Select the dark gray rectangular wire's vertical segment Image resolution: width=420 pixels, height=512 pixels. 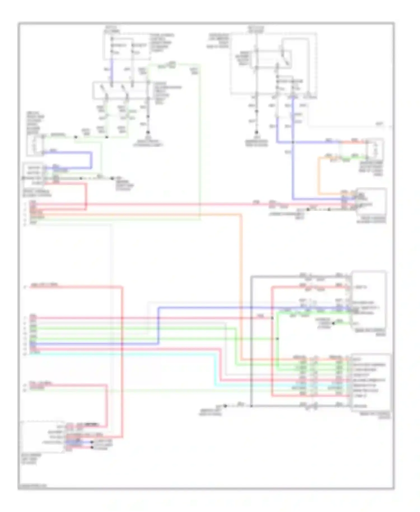pyautogui.click(x=251, y=336)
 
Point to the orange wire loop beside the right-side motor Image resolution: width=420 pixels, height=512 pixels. pyautogui.click(x=319, y=176)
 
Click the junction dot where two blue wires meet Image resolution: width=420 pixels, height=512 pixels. pyautogui.click(x=293, y=142)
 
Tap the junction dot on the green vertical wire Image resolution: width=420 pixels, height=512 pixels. pyautogui.click(x=277, y=339)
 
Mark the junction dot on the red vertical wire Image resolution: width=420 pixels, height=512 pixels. pyautogui.click(x=272, y=318)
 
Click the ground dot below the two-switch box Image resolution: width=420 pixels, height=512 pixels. pyautogui.click(x=148, y=132)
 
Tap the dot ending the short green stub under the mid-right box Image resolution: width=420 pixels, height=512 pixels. pyautogui.click(x=333, y=323)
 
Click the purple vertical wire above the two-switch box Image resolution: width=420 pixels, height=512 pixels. pyautogui.click(x=112, y=70)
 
